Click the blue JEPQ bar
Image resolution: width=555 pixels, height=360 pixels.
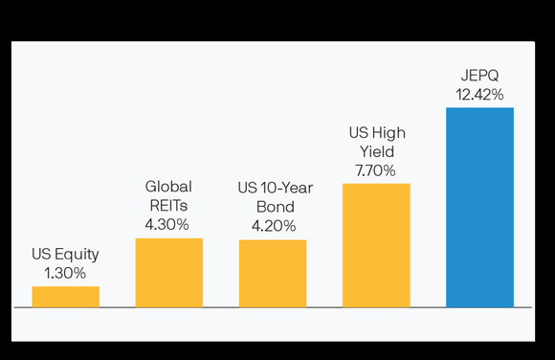point(479,207)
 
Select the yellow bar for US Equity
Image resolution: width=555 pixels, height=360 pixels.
point(65,297)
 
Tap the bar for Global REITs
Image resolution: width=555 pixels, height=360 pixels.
point(169,273)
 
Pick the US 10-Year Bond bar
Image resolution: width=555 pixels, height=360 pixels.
point(273,274)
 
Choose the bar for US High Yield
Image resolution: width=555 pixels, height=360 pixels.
point(376,245)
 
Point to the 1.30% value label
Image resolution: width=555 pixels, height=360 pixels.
point(65,273)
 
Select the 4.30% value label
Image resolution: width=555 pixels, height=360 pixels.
point(168,224)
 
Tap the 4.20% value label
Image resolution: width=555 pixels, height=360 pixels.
point(273,226)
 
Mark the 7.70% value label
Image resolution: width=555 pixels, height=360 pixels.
point(376,169)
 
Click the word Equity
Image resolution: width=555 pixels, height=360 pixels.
point(76,256)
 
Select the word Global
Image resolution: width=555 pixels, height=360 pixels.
point(168,188)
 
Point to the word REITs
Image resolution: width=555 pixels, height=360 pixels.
point(168,206)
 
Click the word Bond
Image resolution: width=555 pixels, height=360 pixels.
point(273,208)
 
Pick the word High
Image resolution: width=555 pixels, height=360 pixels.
point(388,133)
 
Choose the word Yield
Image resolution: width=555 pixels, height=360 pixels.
point(376,151)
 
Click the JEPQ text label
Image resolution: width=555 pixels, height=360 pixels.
point(479,76)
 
